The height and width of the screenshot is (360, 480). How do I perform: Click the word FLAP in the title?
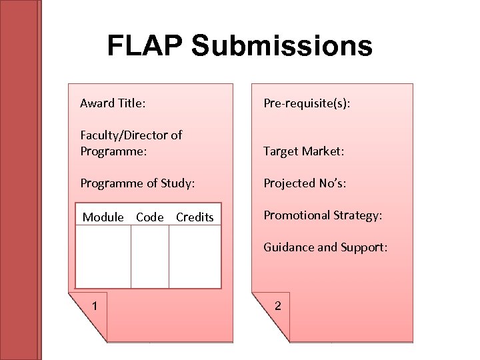click(x=144, y=45)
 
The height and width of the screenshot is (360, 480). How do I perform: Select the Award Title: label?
click(x=113, y=103)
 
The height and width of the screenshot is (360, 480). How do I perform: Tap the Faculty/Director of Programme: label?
click(x=131, y=143)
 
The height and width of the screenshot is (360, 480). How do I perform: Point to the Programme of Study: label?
click(x=137, y=183)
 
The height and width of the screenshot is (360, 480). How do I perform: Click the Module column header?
click(x=103, y=217)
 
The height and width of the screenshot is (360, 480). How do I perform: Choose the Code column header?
click(x=150, y=217)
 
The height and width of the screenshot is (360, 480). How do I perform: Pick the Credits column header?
click(x=195, y=217)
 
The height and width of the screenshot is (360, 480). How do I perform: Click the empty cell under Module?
click(x=103, y=257)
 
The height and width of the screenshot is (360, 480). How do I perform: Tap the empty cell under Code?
click(x=150, y=257)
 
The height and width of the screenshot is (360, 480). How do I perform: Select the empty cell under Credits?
click(x=195, y=257)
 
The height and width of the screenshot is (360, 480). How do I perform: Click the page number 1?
click(x=96, y=306)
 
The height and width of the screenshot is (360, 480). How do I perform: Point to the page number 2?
click(x=278, y=306)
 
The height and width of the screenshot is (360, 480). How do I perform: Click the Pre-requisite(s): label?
click(x=307, y=103)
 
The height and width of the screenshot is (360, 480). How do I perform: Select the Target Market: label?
click(x=304, y=151)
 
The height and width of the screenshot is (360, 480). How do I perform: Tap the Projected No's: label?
click(x=305, y=183)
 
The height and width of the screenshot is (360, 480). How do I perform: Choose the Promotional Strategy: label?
click(x=323, y=215)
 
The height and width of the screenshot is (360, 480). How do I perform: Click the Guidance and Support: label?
click(x=325, y=247)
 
